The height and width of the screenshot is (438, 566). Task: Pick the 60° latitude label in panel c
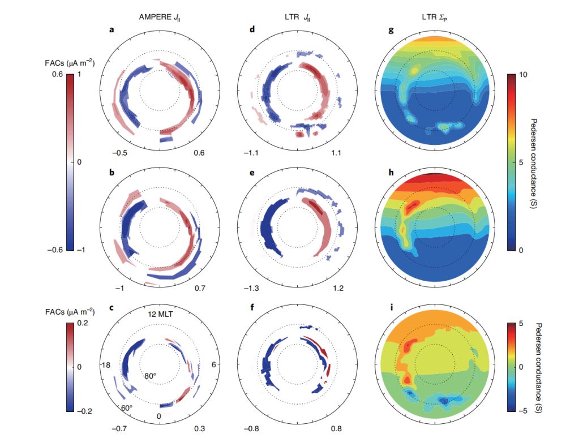tap(127, 407)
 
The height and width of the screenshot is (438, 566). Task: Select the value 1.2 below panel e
tap(338, 289)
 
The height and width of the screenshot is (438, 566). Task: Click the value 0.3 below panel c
tap(199, 428)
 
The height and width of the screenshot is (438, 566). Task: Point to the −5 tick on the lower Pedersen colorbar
tap(524, 410)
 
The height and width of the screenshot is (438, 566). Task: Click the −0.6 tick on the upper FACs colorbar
tap(49, 250)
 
